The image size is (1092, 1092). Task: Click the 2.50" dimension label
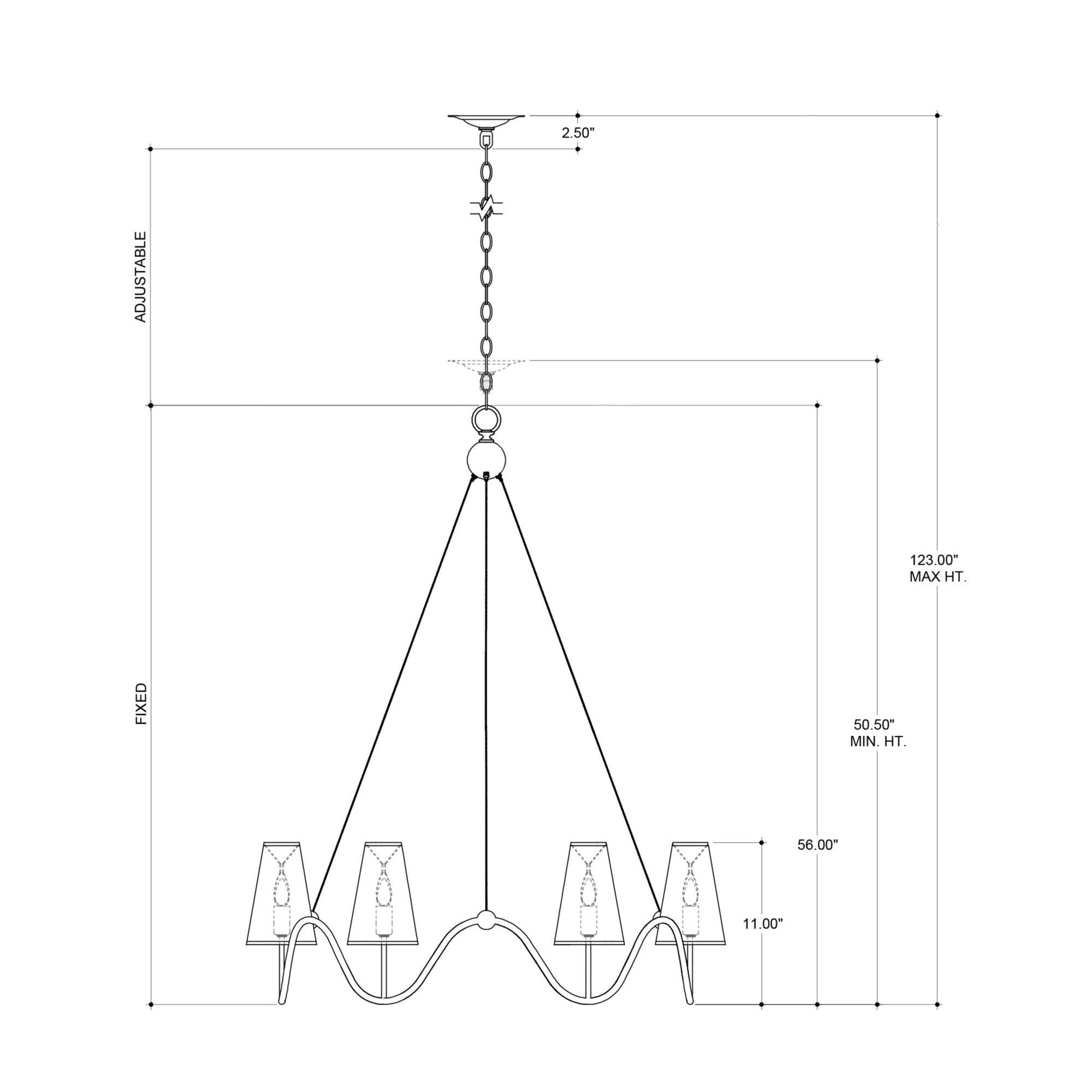pyautogui.click(x=578, y=133)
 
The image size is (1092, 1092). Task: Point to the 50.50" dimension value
pyautogui.click(x=874, y=725)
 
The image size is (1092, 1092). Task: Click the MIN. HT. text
pyautogui.click(x=878, y=742)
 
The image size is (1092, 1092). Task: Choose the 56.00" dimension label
pyautogui.click(x=817, y=861)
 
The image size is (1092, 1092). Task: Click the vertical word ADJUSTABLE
pyautogui.click(x=140, y=277)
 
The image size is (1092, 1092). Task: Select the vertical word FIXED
pyautogui.click(x=141, y=704)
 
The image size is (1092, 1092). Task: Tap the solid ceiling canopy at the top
pyautogui.click(x=486, y=120)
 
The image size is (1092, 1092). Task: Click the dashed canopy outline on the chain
pyautogui.click(x=486, y=365)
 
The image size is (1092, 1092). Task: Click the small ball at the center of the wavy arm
pyautogui.click(x=485, y=921)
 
